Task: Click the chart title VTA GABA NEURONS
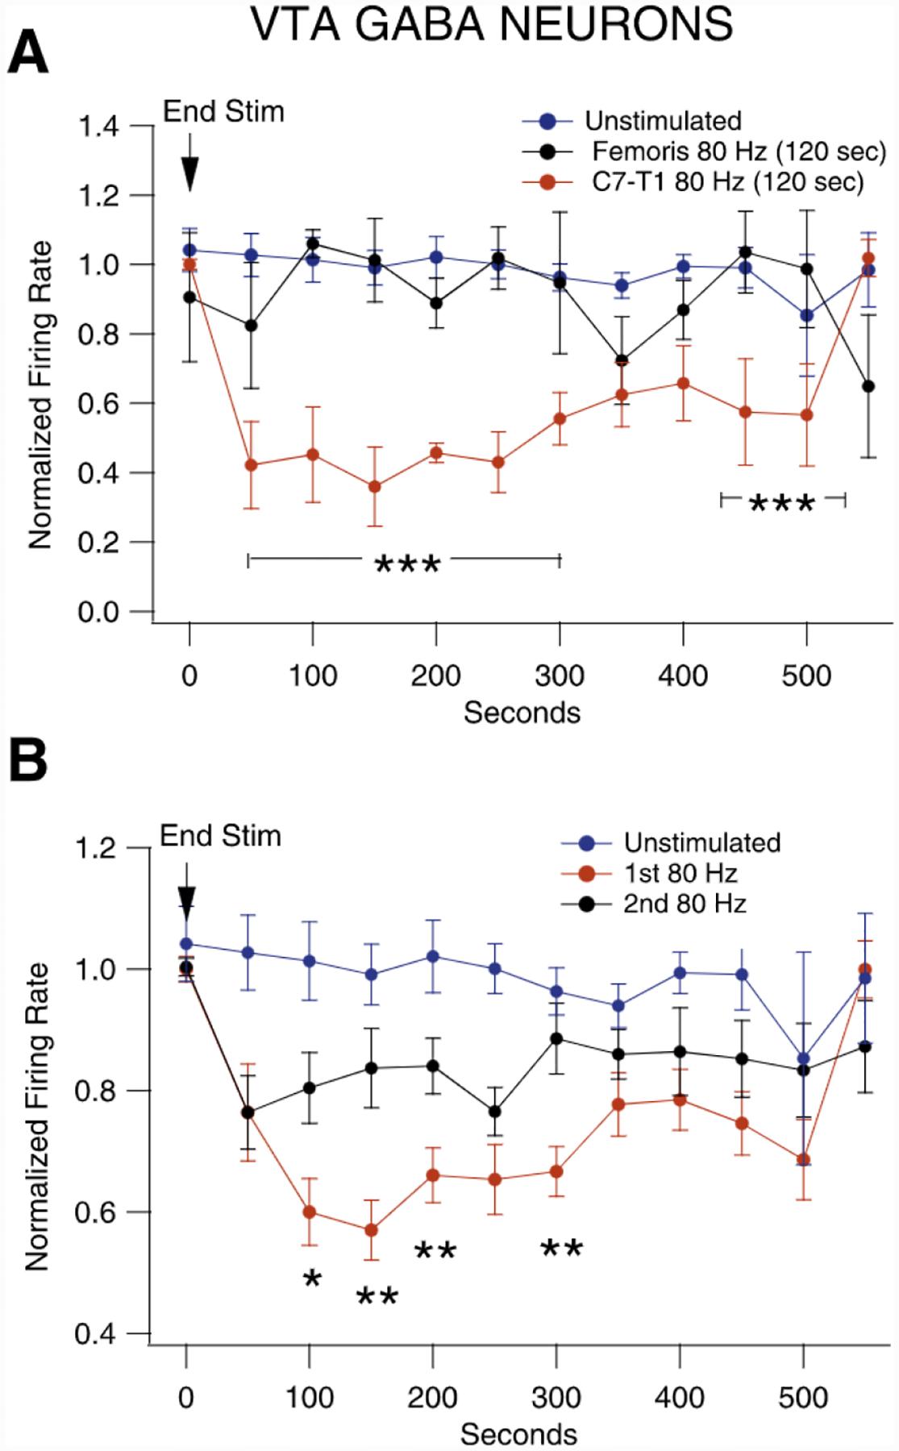coord(491,23)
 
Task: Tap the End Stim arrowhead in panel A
coord(189,173)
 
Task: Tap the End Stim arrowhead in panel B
coord(186,903)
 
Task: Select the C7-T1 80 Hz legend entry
coord(722,182)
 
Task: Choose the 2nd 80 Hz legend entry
coord(684,903)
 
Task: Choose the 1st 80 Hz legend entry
coord(680,873)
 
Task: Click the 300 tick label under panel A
coord(560,674)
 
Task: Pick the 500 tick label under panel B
coord(803,1396)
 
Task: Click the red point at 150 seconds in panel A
coord(374,487)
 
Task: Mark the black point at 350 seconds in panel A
coord(622,360)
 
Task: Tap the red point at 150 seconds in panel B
coord(372,1230)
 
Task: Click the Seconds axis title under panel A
coord(521,713)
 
